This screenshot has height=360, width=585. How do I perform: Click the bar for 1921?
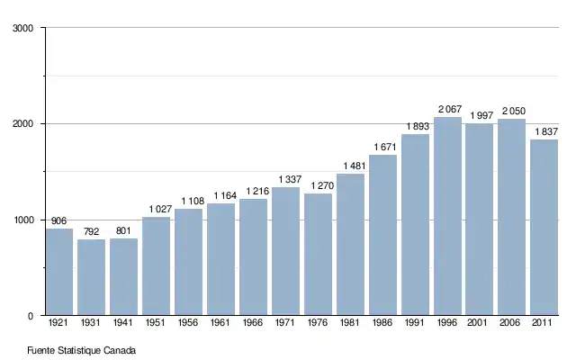point(59,272)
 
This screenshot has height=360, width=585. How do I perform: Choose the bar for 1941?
point(124,277)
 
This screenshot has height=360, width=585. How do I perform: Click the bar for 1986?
point(383,235)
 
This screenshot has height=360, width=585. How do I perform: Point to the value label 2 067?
point(448,110)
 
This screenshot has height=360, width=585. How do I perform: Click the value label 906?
point(59,221)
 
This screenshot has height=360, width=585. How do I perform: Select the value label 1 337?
point(286,180)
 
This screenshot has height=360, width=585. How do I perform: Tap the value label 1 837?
point(544,132)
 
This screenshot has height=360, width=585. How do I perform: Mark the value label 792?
point(92,232)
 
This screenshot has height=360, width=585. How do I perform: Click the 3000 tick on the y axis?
point(24,28)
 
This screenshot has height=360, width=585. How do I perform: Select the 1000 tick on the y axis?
point(24,220)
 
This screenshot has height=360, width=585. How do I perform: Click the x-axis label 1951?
point(157,323)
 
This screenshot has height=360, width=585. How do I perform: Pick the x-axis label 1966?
point(254,323)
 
